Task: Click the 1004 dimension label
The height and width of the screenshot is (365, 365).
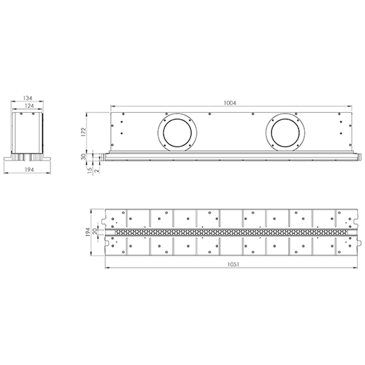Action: pyautogui.click(x=230, y=103)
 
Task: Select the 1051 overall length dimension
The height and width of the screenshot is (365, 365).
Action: pyautogui.click(x=231, y=264)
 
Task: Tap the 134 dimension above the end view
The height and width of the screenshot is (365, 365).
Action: pyautogui.click(x=27, y=98)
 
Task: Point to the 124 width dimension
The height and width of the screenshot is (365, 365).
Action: pyautogui.click(x=27, y=106)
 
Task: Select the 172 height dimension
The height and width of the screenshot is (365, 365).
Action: pyautogui.click(x=83, y=131)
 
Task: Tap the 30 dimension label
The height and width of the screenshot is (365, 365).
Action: pyautogui.click(x=83, y=156)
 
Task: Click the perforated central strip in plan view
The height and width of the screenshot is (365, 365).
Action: pyautogui.click(x=230, y=231)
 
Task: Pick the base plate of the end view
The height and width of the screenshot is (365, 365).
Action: pyautogui.click(x=27, y=159)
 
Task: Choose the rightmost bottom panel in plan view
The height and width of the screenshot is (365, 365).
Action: pyautogui.click(x=345, y=245)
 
